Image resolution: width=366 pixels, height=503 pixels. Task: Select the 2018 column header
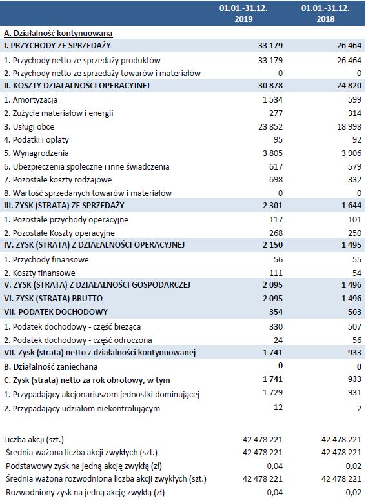[x=335, y=14]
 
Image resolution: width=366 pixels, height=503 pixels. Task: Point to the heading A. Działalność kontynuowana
[x=58, y=32]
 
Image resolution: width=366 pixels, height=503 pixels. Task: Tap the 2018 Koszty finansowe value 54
[x=355, y=273]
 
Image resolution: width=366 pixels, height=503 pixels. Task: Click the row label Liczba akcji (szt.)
[x=37, y=439]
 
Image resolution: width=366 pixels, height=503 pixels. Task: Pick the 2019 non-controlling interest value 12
[x=279, y=408]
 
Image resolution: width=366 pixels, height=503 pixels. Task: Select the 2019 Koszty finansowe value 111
[x=276, y=273]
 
